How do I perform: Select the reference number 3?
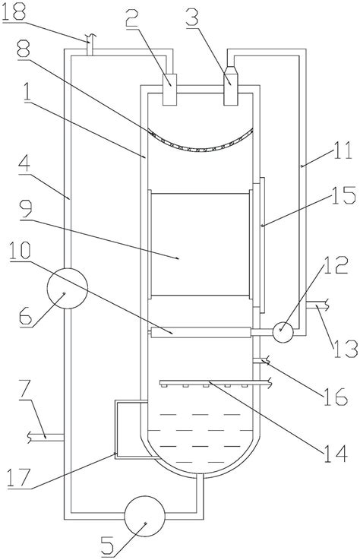coord(192,18)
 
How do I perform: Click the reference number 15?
coord(343,196)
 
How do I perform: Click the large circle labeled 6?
coord(67,288)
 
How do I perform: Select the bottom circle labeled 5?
coord(144,516)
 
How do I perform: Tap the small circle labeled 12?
coord(283,332)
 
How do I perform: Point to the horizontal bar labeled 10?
coord(201,333)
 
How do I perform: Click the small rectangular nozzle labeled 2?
coord(169,90)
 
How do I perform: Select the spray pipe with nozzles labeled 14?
coord(214,384)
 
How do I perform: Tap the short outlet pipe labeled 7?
coord(46,437)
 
